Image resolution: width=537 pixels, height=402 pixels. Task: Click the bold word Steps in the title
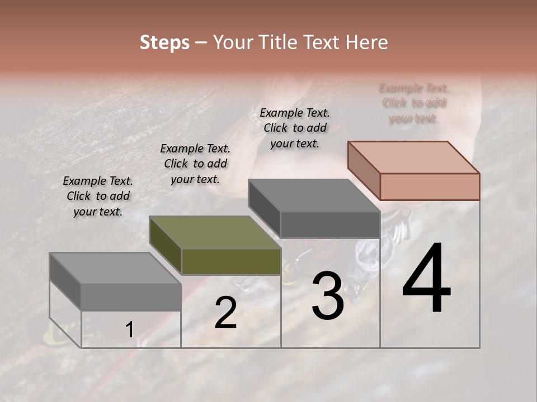tap(164, 42)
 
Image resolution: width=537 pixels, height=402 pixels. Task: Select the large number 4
tap(426, 279)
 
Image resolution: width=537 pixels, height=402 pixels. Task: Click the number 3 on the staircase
tap(327, 296)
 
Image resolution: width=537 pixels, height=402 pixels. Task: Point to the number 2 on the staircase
tap(225, 313)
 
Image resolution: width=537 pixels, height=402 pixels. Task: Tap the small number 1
tap(129, 330)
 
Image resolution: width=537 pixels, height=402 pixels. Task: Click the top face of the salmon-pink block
tap(414, 157)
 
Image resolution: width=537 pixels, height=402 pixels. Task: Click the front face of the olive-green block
tap(231, 262)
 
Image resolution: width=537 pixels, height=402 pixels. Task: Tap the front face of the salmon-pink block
tap(430, 186)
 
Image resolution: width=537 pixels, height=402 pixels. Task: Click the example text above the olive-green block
tap(195, 164)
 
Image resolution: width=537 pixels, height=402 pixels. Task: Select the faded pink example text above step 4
tap(414, 103)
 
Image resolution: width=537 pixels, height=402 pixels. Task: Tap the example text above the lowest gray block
tap(98, 196)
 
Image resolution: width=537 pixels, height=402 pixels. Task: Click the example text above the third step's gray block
tap(295, 128)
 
